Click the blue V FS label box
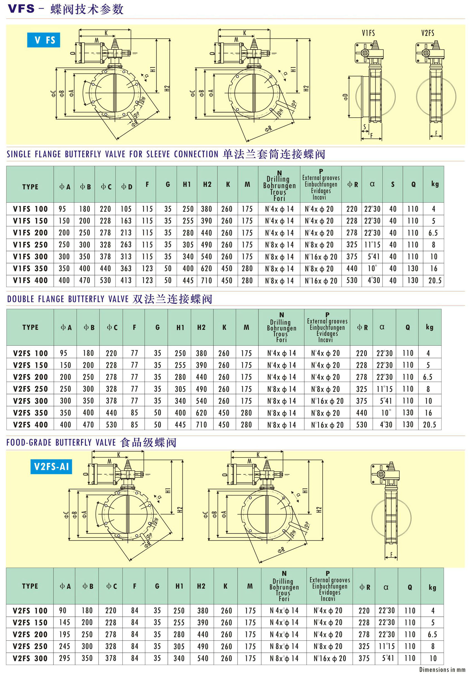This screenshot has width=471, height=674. [x=43, y=40]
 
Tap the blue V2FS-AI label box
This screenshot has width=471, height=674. [x=51, y=466]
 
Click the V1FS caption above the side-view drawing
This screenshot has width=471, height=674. [x=368, y=33]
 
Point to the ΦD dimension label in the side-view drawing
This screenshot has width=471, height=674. [x=346, y=97]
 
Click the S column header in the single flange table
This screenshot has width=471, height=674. [x=393, y=184]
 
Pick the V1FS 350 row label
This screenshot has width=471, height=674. [x=30, y=268]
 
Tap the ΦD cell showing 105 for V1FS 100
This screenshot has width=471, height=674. [x=126, y=209]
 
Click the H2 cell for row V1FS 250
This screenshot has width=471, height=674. [x=206, y=245]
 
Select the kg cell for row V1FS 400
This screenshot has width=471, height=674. [x=435, y=280]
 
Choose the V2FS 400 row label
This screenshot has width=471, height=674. [x=30, y=424]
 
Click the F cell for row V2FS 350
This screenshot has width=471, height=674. [x=134, y=413]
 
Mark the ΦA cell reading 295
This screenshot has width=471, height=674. [x=64, y=658]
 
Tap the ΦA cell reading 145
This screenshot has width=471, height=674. [x=64, y=622]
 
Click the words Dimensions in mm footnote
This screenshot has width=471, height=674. [x=442, y=670]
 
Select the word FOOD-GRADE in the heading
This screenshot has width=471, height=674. [x=29, y=442]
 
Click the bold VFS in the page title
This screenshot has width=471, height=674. [x=21, y=9]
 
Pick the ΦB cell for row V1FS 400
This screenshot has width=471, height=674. [x=85, y=280]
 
